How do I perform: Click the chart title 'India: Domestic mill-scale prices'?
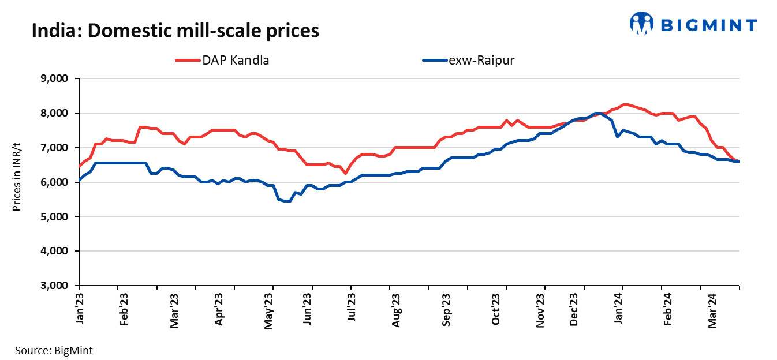click(175, 30)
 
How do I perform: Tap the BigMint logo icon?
click(641, 24)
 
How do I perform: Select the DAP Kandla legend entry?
click(222, 60)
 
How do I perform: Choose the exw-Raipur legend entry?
click(468, 60)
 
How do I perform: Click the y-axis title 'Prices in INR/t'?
click(17, 182)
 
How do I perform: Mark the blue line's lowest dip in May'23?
click(286, 201)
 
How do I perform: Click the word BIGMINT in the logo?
click(708, 25)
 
